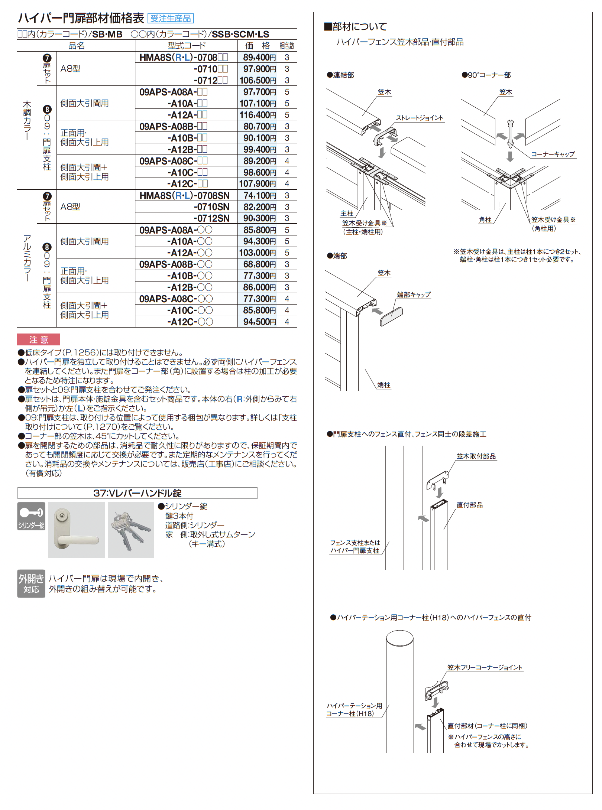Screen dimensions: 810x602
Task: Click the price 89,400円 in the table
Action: click(x=259, y=58)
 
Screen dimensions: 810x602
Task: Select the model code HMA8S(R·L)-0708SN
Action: click(x=184, y=196)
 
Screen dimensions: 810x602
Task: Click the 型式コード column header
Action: click(x=187, y=46)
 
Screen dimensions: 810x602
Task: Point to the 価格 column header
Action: click(x=258, y=46)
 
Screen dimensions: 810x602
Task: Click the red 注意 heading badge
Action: click(x=39, y=340)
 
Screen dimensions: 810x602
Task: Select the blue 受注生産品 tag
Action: click(x=171, y=19)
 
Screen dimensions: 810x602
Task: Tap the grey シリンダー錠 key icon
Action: click(x=32, y=516)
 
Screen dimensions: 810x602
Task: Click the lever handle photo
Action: click(x=76, y=530)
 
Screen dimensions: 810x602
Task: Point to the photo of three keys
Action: click(x=131, y=530)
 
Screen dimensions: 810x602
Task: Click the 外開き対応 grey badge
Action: click(x=31, y=583)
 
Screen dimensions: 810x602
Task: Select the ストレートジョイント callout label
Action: click(x=420, y=118)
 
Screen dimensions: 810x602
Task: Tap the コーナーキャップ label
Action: click(x=553, y=154)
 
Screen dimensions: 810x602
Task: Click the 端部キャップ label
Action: click(x=414, y=295)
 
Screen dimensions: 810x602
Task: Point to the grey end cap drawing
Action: click(x=391, y=317)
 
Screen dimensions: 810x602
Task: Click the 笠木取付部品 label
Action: click(x=476, y=456)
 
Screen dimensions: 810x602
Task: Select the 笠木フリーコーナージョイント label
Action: click(x=485, y=667)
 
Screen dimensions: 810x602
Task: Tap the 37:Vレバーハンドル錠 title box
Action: click(x=137, y=493)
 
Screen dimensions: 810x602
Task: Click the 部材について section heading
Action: click(x=356, y=27)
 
